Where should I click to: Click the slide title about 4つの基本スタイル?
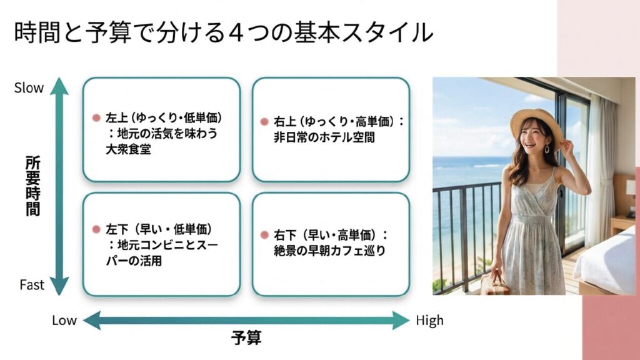point(223,32)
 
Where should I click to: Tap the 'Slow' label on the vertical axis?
point(29,88)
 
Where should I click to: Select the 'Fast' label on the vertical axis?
point(31,285)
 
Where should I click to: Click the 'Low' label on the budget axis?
point(64,321)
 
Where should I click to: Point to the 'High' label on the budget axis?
point(429,321)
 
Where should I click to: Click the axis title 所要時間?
point(32,186)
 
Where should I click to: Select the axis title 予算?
point(246,338)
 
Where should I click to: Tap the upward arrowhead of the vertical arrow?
point(59,85)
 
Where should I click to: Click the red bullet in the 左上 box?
point(96,118)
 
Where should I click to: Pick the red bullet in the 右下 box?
point(265,236)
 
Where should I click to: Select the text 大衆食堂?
point(128,149)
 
